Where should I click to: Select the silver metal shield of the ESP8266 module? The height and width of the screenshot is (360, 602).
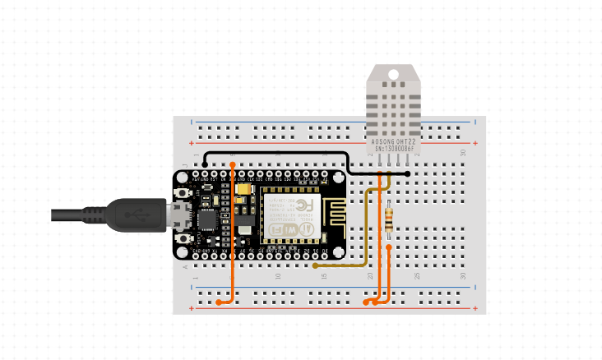(x=293, y=215)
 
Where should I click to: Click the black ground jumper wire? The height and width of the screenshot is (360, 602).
(x=280, y=153)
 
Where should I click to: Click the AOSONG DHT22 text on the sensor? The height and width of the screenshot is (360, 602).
(x=392, y=141)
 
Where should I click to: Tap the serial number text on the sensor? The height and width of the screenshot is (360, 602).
(x=392, y=149)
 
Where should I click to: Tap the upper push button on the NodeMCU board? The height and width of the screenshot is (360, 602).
(x=183, y=194)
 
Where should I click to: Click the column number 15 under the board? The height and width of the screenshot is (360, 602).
(x=324, y=276)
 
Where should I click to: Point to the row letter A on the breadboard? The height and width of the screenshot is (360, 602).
(x=185, y=266)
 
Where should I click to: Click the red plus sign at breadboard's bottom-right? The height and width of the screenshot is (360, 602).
(x=475, y=308)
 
